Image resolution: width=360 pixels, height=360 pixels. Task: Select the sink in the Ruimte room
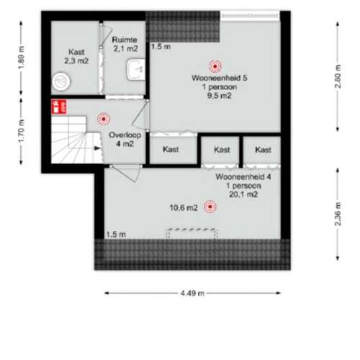[134, 69]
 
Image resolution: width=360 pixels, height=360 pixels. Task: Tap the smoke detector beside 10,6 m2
[210, 207]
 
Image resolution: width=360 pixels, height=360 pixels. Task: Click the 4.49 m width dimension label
[192, 293]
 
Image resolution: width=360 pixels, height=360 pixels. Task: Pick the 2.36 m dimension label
[337, 215]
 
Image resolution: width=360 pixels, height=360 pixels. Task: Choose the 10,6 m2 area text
[183, 208]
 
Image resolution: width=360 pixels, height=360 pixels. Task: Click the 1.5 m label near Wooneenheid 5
[161, 47]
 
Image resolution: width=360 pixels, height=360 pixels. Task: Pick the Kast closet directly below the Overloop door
[171, 150]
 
